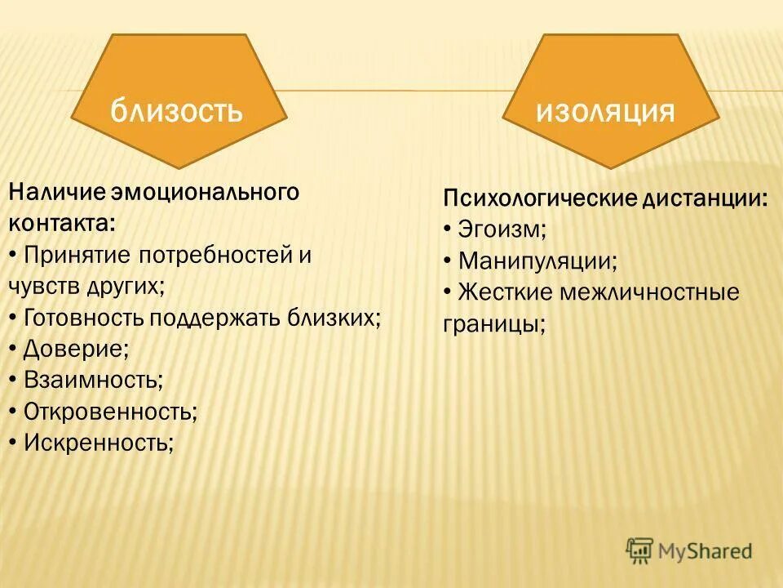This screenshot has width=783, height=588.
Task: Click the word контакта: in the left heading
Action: tap(62, 223)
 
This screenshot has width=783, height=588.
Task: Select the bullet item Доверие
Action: tap(76, 349)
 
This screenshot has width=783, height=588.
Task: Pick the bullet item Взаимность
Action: tap(92, 380)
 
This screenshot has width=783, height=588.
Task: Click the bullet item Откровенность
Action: tap(109, 411)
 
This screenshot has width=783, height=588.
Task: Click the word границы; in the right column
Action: tap(494, 323)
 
